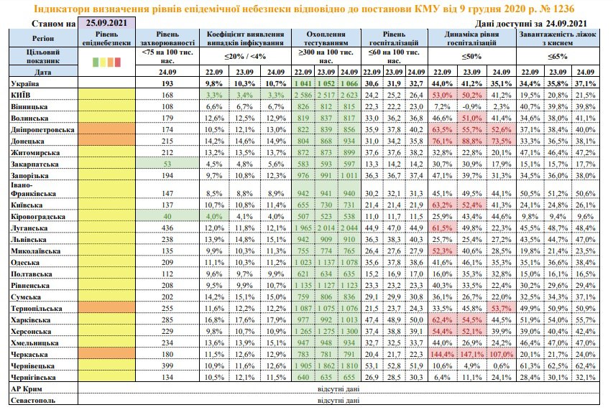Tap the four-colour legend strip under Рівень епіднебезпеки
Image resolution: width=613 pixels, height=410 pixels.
(x=105, y=61)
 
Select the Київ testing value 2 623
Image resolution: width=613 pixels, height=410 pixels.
(x=350, y=95)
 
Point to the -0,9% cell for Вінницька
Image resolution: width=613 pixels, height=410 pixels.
(x=475, y=106)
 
